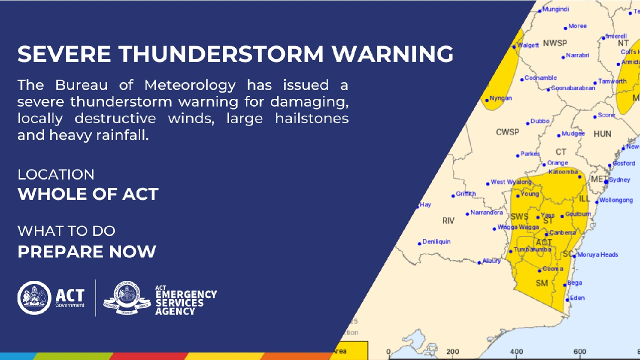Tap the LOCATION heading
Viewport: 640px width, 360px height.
(x=56, y=174)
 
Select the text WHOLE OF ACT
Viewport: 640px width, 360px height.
(x=88, y=194)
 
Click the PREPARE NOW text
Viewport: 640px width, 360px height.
(x=87, y=251)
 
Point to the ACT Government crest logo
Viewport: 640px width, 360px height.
(x=34, y=297)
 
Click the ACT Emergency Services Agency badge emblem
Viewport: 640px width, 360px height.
(x=126, y=298)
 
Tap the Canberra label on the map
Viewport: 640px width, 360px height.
(x=562, y=232)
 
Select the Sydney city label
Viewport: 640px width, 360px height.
(x=619, y=180)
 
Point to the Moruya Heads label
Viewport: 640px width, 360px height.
(x=597, y=254)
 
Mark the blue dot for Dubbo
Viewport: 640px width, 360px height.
(x=527, y=123)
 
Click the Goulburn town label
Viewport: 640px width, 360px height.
(x=578, y=214)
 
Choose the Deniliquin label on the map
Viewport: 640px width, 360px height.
(x=436, y=241)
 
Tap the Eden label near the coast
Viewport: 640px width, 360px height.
(x=577, y=298)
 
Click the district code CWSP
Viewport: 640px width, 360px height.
(x=507, y=132)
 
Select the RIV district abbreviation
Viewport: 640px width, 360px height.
(x=448, y=220)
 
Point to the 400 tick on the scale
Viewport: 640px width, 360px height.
(x=516, y=351)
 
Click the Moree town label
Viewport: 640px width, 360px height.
(x=577, y=26)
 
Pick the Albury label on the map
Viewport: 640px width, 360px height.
(x=491, y=261)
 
